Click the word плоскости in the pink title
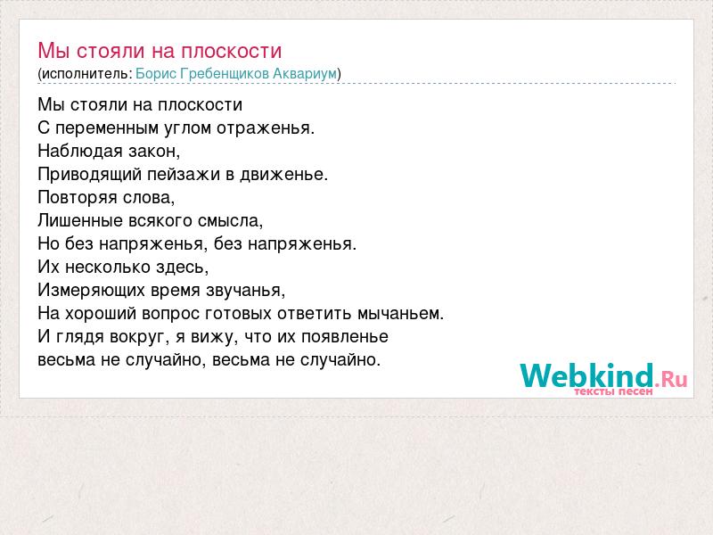(x=232, y=51)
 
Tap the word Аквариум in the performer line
(x=305, y=74)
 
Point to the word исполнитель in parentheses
(x=85, y=74)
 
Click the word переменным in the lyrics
(x=107, y=128)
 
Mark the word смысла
(x=231, y=221)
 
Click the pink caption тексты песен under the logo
(x=613, y=391)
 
